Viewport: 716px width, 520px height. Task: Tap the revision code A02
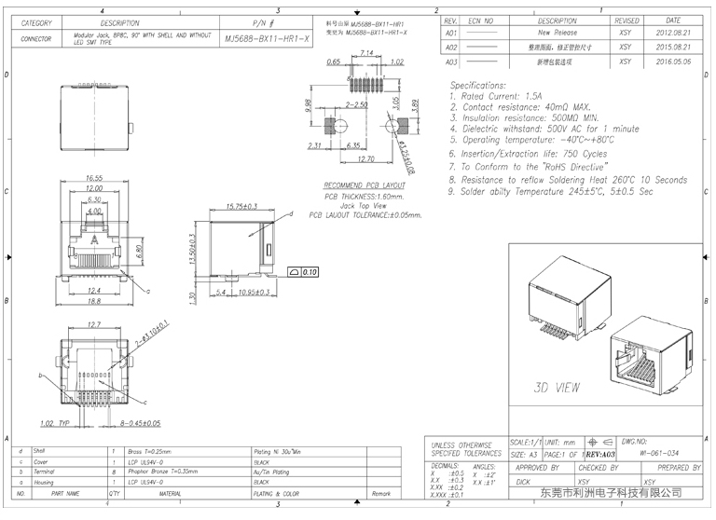[451, 47]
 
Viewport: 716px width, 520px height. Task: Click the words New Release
[558, 32]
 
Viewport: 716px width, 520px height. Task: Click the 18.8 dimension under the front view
[93, 301]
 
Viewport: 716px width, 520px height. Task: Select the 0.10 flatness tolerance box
[305, 272]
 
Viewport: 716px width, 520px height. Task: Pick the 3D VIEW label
[558, 386]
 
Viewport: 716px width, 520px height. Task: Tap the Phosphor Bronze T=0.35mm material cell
[159, 472]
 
